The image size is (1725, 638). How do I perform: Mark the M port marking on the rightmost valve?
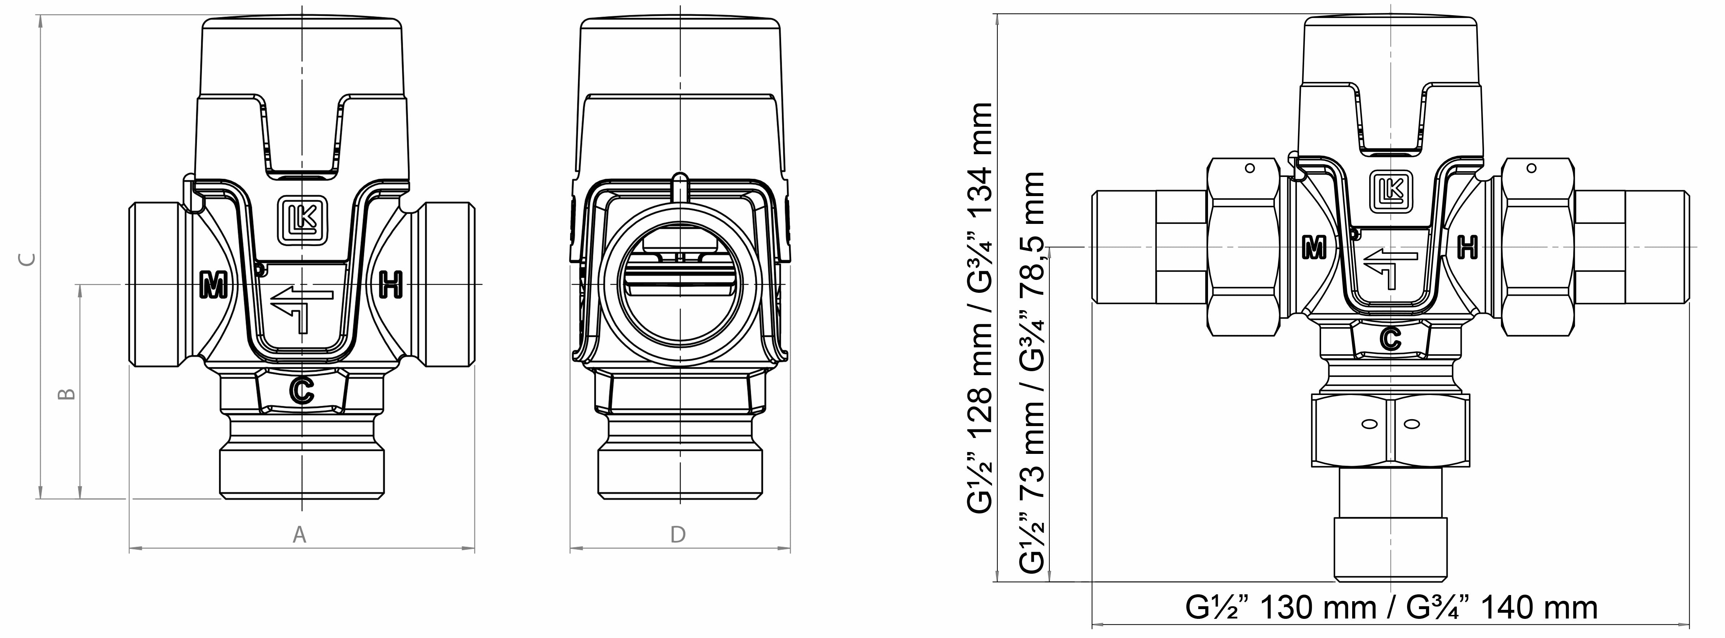point(1315,248)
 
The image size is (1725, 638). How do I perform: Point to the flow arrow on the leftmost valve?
point(301,307)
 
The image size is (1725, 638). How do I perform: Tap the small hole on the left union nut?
point(1250,168)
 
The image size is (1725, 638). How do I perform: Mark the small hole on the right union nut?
point(1531,168)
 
